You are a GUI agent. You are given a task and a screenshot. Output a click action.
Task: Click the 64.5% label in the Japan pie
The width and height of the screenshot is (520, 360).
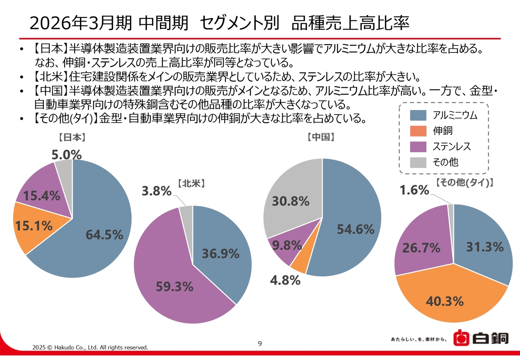(x=104, y=234)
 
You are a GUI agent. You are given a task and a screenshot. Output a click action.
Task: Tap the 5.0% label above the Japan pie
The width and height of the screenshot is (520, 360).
(x=67, y=155)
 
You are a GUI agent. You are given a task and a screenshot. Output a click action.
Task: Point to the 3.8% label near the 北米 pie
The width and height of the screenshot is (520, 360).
(x=157, y=191)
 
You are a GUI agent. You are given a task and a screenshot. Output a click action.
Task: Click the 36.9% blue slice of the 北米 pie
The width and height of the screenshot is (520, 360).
(x=221, y=254)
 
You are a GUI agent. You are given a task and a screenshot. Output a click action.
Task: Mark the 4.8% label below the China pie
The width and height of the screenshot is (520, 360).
(x=285, y=280)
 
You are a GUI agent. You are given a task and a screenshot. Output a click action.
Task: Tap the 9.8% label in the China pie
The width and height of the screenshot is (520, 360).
(x=287, y=245)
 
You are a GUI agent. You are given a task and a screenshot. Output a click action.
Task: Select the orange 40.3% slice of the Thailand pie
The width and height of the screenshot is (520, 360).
(x=445, y=301)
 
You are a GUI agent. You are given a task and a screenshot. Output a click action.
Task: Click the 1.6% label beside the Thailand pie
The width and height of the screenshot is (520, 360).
(x=414, y=190)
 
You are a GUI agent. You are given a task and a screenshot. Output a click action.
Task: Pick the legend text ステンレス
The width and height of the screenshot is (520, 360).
(x=451, y=147)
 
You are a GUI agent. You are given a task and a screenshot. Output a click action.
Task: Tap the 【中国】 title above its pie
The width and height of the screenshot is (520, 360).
(x=321, y=138)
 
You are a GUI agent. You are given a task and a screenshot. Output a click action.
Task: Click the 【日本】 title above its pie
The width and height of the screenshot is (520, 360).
(x=72, y=138)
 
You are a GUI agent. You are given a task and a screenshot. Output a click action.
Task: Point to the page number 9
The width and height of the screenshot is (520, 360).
(x=260, y=344)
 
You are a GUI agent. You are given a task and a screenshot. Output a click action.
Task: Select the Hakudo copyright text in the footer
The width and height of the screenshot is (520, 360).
(x=90, y=347)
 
